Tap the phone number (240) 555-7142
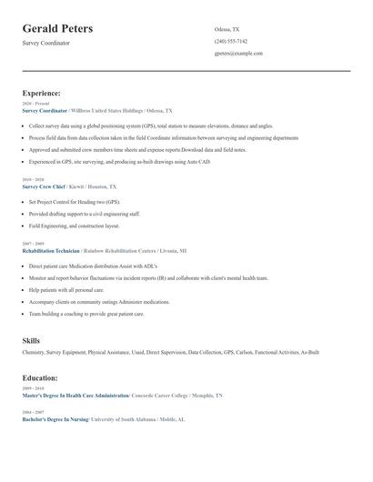point(230,41)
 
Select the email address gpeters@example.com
point(238,53)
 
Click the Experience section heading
point(42,93)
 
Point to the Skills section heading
point(31,340)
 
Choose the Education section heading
point(40,377)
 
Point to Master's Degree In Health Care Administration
point(76,396)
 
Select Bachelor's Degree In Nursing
point(55,419)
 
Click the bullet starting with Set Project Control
point(74,202)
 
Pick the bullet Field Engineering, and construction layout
point(74,226)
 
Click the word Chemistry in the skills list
point(34,351)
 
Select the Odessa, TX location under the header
point(227,29)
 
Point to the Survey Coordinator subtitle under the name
point(45,43)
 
